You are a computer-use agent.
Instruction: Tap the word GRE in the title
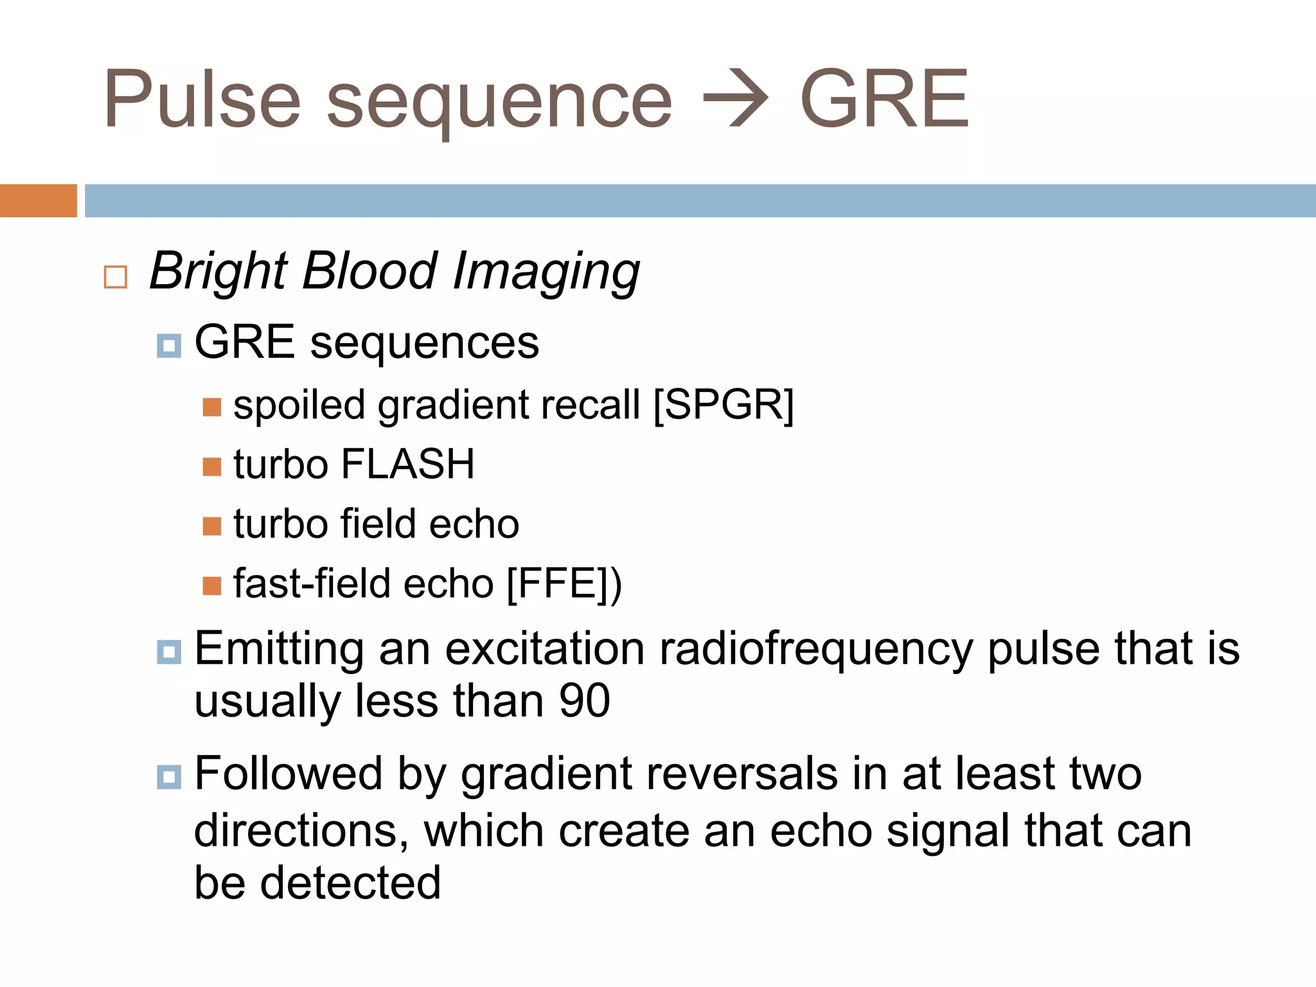pyautogui.click(x=884, y=100)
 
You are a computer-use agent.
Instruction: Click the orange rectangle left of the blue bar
pyautogui.click(x=38, y=200)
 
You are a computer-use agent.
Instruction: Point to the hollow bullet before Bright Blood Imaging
pyautogui.click(x=116, y=277)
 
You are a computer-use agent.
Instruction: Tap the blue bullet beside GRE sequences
pyautogui.click(x=168, y=346)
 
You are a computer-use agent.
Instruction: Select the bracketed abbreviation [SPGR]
pyautogui.click(x=724, y=405)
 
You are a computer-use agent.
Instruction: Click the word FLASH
pyautogui.click(x=407, y=464)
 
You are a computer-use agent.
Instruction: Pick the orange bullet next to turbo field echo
pyautogui.click(x=211, y=526)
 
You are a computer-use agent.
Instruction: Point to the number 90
pyautogui.click(x=584, y=701)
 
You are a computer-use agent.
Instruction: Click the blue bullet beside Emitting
pyautogui.click(x=168, y=652)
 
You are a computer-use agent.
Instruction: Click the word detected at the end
pyautogui.click(x=350, y=884)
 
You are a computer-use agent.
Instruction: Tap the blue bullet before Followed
pyautogui.click(x=168, y=777)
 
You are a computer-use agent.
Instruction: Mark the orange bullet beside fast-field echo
pyautogui.click(x=211, y=586)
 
